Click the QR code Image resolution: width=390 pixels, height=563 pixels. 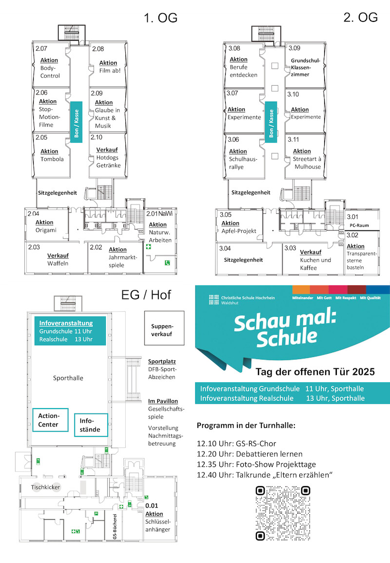(283, 513)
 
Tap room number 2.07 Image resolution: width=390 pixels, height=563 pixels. (41, 49)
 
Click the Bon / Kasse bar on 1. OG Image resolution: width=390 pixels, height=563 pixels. (76, 122)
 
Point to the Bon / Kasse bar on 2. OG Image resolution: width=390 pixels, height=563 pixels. (271, 122)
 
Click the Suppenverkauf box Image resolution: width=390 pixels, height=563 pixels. (162, 331)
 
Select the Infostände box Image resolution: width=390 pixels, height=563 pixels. (90, 425)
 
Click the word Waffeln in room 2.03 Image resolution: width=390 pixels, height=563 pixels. (57, 263)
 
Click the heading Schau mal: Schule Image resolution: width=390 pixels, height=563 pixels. (276, 330)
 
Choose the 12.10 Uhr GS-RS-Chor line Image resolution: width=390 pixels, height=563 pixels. (236, 444)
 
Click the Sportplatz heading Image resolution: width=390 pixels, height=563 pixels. (162, 362)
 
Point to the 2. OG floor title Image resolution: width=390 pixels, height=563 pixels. (360, 18)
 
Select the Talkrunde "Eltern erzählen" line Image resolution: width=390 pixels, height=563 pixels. (265, 475)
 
